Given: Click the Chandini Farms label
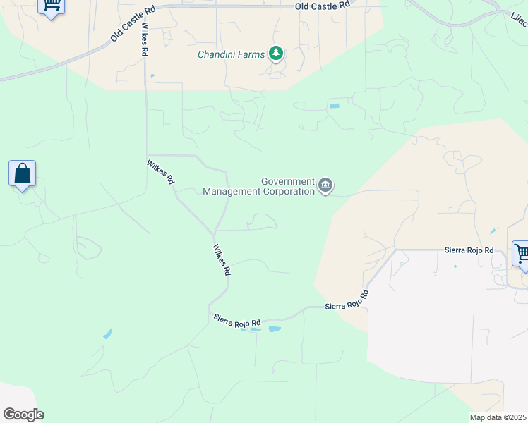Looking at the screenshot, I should tap(231, 54).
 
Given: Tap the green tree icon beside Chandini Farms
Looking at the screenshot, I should tap(275, 54).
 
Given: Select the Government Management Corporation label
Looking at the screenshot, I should tap(258, 186).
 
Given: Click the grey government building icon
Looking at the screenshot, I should tap(325, 185).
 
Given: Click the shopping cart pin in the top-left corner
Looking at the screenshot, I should tap(51, 6).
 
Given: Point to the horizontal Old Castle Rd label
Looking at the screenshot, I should tap(322, 6).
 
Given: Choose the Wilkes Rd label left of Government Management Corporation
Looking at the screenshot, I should tap(161, 172).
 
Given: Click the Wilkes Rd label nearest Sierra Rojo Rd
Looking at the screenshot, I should tap(222, 259).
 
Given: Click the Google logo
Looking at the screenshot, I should tap(23, 415).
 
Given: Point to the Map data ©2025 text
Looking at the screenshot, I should tap(498, 417).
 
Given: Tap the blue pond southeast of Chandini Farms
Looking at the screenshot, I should tap(334, 106).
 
